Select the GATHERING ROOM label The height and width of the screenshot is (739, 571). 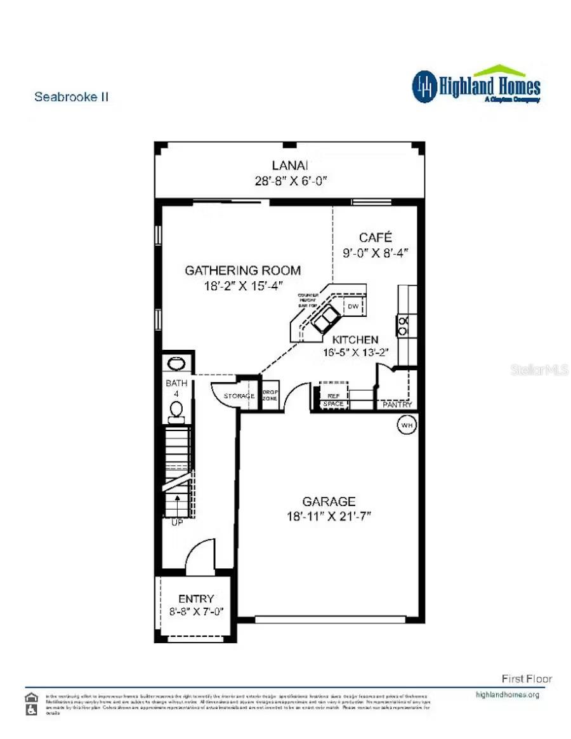tap(242, 270)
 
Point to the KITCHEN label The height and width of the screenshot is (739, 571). tap(355, 340)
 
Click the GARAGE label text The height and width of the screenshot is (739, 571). tap(328, 502)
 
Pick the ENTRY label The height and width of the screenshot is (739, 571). tap(196, 599)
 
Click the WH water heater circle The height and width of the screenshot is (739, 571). tap(406, 425)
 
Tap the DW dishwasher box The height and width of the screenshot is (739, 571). tap(353, 307)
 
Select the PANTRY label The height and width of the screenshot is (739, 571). tap(397, 404)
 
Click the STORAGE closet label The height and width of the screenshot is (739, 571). tap(239, 396)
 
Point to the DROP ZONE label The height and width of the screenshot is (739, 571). tap(271, 394)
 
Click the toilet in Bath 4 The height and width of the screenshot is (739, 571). tap(177, 411)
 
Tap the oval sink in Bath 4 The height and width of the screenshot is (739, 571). tap(176, 364)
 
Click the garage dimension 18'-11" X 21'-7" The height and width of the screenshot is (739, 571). tap(328, 516)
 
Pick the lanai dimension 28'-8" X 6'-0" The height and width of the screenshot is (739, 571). tap(290, 180)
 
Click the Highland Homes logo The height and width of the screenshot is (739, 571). tap(476, 85)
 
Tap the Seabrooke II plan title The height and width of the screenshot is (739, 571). tap(71, 97)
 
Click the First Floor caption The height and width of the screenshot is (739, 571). tap(527, 679)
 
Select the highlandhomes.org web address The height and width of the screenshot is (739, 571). tap(507, 695)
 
